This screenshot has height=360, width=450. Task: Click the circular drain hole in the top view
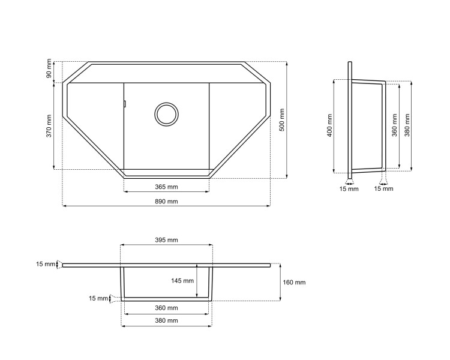coord(166,113)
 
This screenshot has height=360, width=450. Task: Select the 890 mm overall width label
coord(166,201)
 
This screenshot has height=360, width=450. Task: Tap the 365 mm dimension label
coord(166,187)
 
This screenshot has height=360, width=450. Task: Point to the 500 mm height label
coord(282,119)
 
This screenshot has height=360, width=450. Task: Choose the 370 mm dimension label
coord(49,126)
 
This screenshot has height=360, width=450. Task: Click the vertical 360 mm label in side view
coord(394,126)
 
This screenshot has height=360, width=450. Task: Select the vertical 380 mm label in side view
coord(407,126)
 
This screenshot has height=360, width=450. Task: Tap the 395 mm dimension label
coord(166,240)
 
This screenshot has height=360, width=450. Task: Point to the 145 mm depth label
coord(182,281)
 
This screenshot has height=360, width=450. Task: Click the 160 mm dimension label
coord(294,282)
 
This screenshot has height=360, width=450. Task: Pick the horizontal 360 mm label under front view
coord(166,308)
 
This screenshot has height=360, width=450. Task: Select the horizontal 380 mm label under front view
coord(166,321)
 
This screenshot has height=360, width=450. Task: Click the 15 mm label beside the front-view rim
coord(45,264)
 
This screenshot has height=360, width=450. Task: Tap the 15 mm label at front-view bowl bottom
coord(98,298)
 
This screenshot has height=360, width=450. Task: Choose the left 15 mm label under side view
coord(349,189)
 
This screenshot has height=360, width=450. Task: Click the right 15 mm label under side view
coord(383,189)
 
